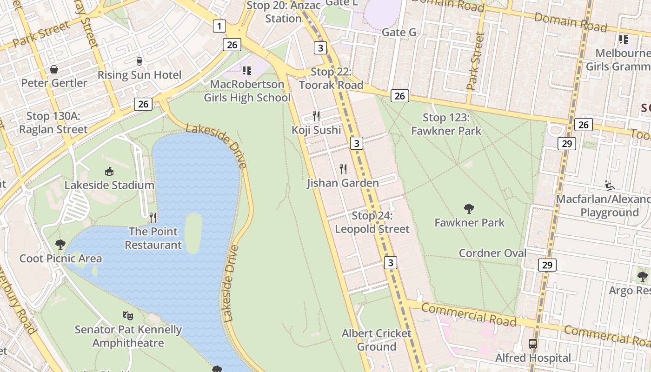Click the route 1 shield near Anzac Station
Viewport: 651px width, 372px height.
click(x=219, y=26)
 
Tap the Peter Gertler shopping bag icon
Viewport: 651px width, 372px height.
click(x=54, y=69)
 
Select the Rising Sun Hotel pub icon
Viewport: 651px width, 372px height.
click(x=139, y=61)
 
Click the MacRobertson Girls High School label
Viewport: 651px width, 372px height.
click(x=247, y=91)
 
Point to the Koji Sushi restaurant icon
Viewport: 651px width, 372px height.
click(x=316, y=116)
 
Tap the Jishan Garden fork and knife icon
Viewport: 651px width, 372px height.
click(x=343, y=169)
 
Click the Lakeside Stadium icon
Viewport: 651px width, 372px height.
click(x=109, y=172)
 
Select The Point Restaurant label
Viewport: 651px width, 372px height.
click(x=153, y=238)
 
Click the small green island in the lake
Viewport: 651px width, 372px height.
click(x=193, y=232)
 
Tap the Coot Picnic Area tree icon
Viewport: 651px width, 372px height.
click(x=60, y=244)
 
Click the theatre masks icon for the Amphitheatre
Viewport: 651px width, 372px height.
click(x=128, y=316)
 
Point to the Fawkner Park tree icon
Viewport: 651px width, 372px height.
click(x=469, y=209)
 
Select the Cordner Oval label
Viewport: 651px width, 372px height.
click(x=492, y=253)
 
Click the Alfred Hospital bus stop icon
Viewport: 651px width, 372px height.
click(x=533, y=345)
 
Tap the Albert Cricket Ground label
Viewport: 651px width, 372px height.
click(x=377, y=340)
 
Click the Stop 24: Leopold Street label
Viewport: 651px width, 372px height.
click(x=372, y=222)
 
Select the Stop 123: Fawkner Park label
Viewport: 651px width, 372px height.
click(x=446, y=124)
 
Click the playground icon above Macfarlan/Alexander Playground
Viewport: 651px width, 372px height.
click(x=610, y=186)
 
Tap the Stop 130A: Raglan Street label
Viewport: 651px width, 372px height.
click(x=53, y=123)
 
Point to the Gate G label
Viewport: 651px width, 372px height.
click(x=399, y=32)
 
